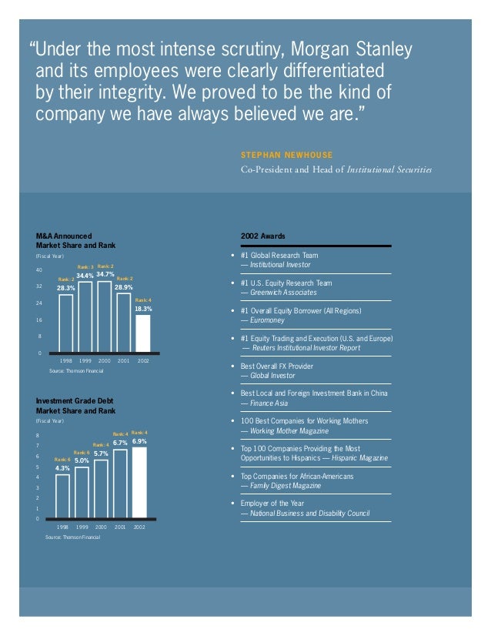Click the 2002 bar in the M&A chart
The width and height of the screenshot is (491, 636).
pyautogui.click(x=143, y=333)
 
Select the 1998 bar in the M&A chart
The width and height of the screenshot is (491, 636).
pyautogui.click(x=66, y=323)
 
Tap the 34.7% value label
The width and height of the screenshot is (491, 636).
pyautogui.click(x=105, y=274)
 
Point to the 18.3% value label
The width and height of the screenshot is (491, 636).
pyautogui.click(x=143, y=309)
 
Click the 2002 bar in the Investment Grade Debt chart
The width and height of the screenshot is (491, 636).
pyautogui.click(x=139, y=482)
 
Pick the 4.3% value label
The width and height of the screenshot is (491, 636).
pyautogui.click(x=62, y=468)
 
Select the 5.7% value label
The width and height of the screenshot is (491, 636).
pyautogui.click(x=101, y=454)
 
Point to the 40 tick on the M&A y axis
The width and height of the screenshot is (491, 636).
pyautogui.click(x=38, y=270)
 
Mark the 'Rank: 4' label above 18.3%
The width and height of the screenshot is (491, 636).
pyautogui.click(x=143, y=300)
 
